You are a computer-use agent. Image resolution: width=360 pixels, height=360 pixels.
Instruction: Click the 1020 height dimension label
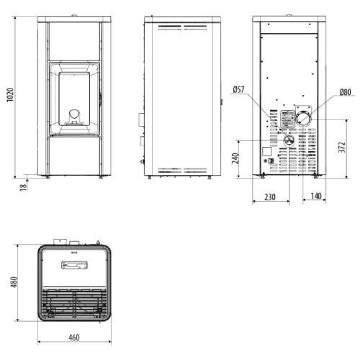[10, 95]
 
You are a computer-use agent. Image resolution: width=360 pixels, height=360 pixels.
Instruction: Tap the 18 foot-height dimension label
[23, 187]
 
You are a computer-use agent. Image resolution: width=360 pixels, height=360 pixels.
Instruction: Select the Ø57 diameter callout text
[238, 89]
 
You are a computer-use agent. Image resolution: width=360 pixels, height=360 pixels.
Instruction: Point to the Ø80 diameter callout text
[345, 92]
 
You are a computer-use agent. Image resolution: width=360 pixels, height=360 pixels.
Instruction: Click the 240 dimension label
[235, 158]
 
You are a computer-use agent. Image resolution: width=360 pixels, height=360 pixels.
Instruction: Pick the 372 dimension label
[342, 148]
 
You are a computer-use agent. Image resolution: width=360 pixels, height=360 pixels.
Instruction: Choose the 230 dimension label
[270, 197]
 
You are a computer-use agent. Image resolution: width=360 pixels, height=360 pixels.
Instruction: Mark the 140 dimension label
[316, 196]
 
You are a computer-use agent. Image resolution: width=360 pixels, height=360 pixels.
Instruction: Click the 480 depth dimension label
[14, 282]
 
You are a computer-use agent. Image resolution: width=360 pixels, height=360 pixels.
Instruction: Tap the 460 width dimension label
[74, 338]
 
